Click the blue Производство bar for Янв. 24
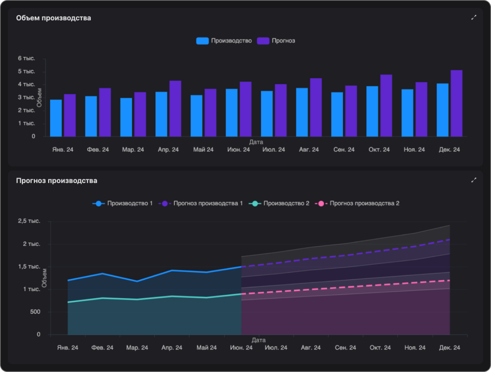pyautogui.click(x=56, y=118)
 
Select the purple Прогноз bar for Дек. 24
pyautogui.click(x=456, y=104)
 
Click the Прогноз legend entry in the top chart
pyautogui.click(x=276, y=41)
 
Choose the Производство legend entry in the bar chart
pyautogui.click(x=224, y=41)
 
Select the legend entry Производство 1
pyautogui.click(x=123, y=204)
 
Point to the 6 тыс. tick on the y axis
pyautogui.click(x=27, y=58)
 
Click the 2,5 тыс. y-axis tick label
pyautogui.click(x=29, y=221)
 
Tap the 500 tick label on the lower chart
pyautogui.click(x=35, y=312)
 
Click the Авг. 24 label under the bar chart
pyautogui.click(x=309, y=150)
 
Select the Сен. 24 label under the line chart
pyautogui.click(x=345, y=348)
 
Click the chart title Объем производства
pyautogui.click(x=54, y=18)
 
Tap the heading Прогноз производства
pyautogui.click(x=57, y=181)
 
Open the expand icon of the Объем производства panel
pyautogui.click(x=473, y=18)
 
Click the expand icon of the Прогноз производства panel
pyautogui.click(x=473, y=180)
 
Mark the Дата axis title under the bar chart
pyautogui.click(x=256, y=142)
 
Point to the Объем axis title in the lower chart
pyautogui.click(x=45, y=278)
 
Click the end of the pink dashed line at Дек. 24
pyautogui.click(x=449, y=280)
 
